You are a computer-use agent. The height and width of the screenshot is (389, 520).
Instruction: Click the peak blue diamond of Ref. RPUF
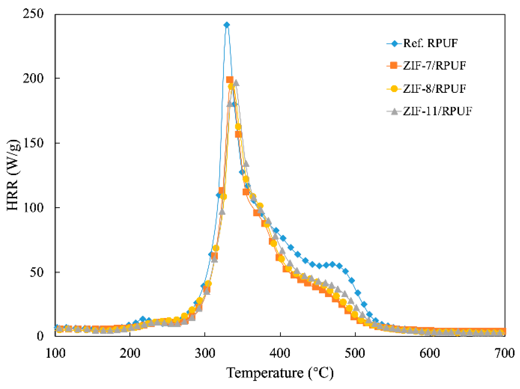227,25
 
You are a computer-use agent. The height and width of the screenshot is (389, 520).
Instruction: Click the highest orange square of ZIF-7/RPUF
230,80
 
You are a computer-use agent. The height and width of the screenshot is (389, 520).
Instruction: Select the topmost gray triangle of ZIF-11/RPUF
236,83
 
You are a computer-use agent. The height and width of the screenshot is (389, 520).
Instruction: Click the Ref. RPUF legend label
430,43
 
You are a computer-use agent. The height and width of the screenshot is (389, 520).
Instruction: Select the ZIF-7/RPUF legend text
434,66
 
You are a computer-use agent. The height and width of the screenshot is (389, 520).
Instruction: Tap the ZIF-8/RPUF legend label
434,89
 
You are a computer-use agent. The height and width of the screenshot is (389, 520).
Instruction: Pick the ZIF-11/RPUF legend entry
437,111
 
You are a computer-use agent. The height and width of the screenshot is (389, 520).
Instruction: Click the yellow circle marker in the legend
394,89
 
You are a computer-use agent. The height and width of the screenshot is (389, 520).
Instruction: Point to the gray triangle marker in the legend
394,111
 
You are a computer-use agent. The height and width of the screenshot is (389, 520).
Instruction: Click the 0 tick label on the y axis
40,336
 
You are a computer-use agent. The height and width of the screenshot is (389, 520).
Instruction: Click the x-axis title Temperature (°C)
280,373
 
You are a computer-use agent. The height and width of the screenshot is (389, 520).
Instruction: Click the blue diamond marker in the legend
395,43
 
